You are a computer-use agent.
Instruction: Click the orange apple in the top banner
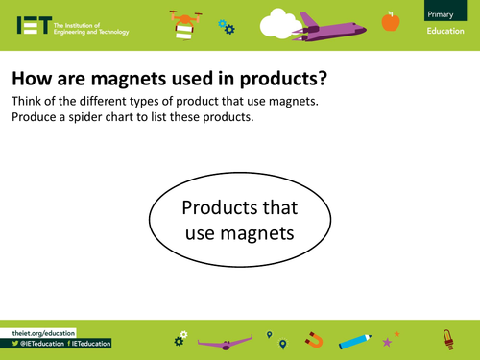pos(390,20)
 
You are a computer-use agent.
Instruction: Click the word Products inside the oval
pos(240,207)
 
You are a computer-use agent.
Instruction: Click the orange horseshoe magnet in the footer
pos(314,340)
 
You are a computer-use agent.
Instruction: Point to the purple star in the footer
pos(388,341)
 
